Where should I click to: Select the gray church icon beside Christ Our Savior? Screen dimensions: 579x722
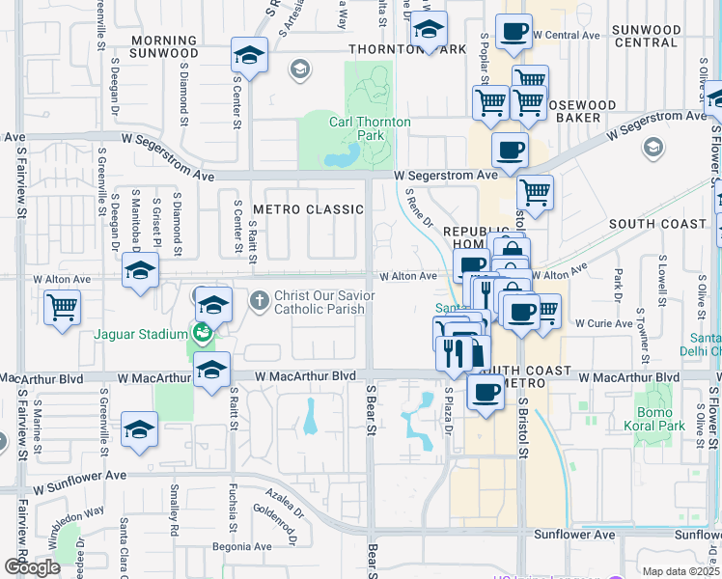click(259, 301)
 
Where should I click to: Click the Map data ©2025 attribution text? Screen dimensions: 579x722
click(680, 571)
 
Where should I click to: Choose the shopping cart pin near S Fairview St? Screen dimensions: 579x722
click(63, 308)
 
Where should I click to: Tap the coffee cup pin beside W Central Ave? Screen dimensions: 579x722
click(514, 31)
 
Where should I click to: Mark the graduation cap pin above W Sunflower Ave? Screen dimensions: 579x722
click(139, 429)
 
